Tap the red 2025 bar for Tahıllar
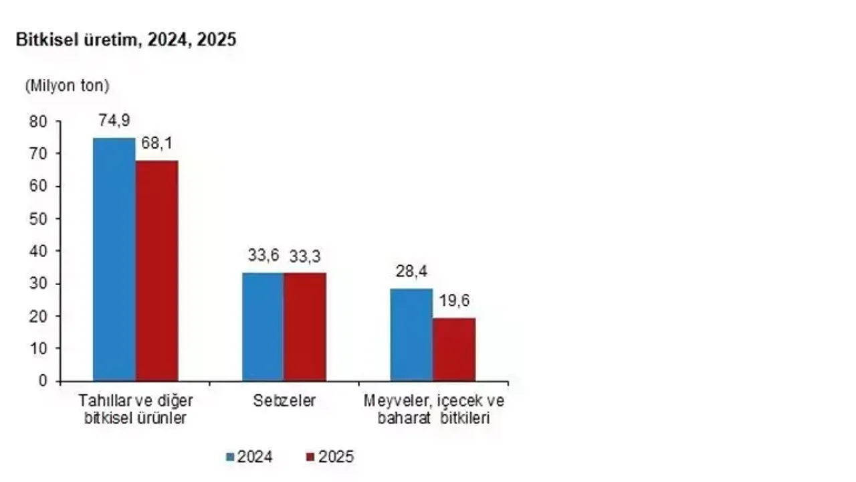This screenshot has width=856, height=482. click(x=157, y=271)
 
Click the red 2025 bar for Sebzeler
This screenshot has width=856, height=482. click(x=305, y=327)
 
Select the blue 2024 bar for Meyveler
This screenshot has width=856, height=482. click(x=411, y=335)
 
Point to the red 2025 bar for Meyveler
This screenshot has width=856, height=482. click(x=454, y=349)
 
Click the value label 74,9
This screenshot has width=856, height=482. click(x=114, y=120)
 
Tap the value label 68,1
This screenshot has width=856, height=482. click(x=157, y=144)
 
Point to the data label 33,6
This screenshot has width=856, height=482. click(x=262, y=256)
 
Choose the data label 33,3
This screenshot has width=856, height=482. click(x=305, y=256)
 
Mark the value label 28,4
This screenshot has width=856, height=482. click(x=411, y=272)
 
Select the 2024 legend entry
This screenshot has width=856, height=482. click(x=249, y=457)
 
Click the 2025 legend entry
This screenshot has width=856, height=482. click(x=330, y=457)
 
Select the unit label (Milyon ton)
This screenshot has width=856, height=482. click(x=67, y=86)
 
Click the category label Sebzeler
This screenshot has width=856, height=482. click(x=284, y=401)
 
